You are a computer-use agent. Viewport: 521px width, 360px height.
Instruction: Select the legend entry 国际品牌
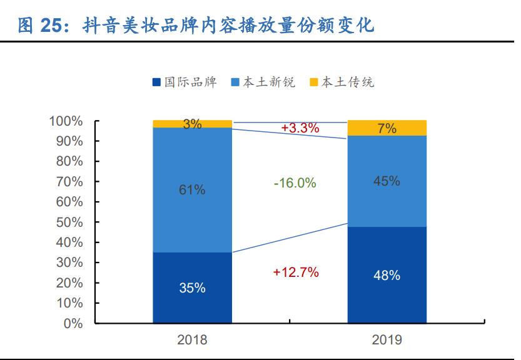(x=185, y=82)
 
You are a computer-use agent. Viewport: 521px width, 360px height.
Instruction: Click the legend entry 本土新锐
(x=263, y=82)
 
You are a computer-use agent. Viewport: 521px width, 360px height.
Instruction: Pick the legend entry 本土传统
(x=342, y=82)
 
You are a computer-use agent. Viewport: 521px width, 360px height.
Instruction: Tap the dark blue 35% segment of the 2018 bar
(x=192, y=288)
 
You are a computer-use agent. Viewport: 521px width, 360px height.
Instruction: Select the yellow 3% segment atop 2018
(x=192, y=124)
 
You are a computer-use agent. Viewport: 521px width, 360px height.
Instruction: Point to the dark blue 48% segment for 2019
(x=387, y=275)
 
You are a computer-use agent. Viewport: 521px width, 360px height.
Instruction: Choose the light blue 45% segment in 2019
(x=387, y=181)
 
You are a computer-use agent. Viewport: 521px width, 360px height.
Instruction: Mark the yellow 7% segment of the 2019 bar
(x=387, y=128)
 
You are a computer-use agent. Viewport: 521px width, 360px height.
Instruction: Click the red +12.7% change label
(x=296, y=272)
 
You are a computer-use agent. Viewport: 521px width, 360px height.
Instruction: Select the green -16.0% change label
(x=295, y=183)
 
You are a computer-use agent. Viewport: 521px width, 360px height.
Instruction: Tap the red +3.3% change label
(x=300, y=128)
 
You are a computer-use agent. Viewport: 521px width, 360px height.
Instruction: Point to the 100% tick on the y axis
(x=66, y=121)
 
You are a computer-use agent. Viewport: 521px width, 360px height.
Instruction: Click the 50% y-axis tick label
(x=69, y=222)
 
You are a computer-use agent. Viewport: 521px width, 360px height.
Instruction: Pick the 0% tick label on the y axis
(x=73, y=323)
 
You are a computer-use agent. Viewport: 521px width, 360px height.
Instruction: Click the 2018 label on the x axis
(x=192, y=341)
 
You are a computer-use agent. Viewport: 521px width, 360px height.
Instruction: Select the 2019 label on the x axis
(x=387, y=341)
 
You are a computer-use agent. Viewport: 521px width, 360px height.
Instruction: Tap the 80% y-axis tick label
(x=69, y=161)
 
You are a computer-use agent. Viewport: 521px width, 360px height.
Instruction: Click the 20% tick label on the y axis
(x=69, y=282)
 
